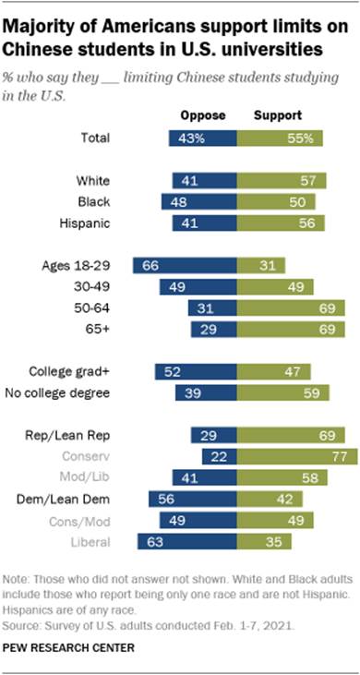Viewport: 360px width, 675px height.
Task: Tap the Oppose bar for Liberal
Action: [186, 542]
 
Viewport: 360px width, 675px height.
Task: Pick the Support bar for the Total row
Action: [281, 139]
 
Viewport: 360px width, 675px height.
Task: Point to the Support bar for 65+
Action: [291, 329]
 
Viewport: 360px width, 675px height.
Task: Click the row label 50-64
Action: [116, 307]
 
